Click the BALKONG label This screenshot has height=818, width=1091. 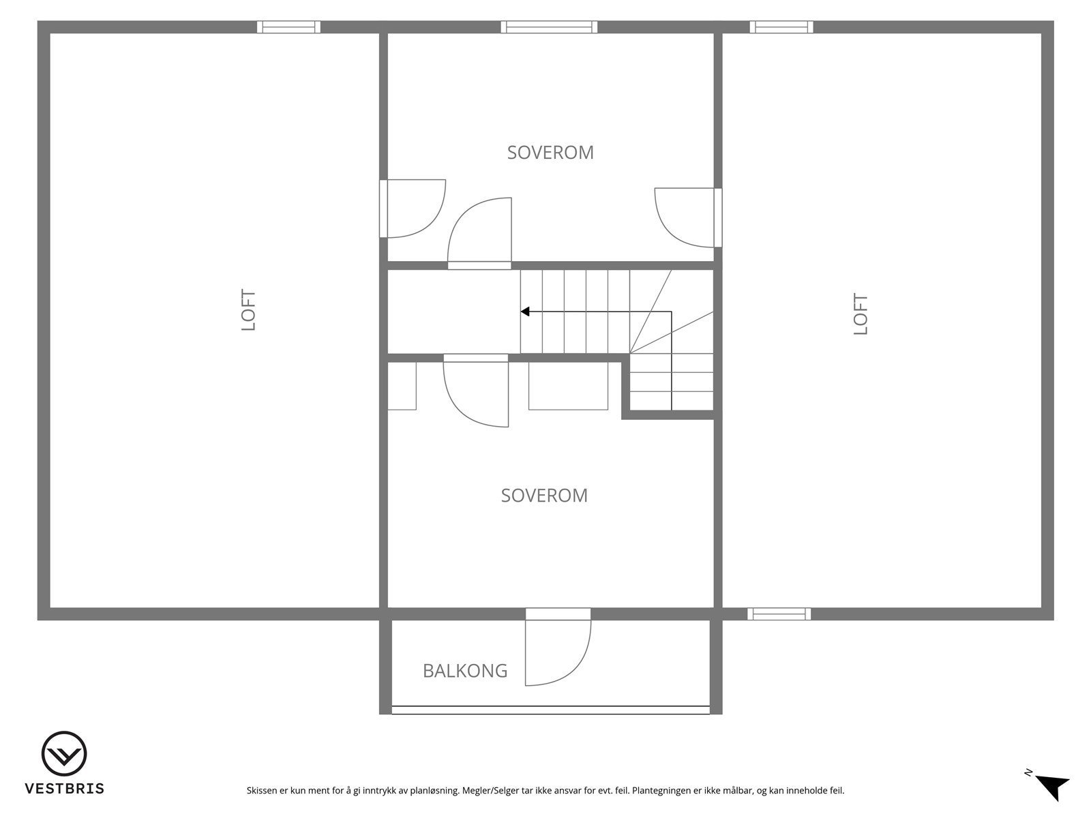pyautogui.click(x=465, y=671)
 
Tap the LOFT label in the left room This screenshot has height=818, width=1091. pyautogui.click(x=249, y=310)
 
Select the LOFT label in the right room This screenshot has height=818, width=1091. pyautogui.click(x=861, y=314)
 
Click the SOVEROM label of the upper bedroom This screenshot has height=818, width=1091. pyautogui.click(x=550, y=153)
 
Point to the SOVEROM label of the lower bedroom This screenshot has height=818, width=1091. pyautogui.click(x=544, y=496)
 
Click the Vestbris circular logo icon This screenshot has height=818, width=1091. pyautogui.click(x=64, y=754)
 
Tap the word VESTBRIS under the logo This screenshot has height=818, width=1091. pyautogui.click(x=64, y=789)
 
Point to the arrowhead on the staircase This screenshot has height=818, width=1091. pyautogui.click(x=525, y=312)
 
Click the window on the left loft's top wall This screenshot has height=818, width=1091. pyautogui.click(x=288, y=27)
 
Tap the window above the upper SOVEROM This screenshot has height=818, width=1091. pyautogui.click(x=549, y=27)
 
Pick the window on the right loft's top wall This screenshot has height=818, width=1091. pyautogui.click(x=781, y=27)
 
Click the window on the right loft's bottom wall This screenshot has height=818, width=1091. pyautogui.click(x=779, y=614)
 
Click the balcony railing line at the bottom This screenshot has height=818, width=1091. pyautogui.click(x=550, y=710)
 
